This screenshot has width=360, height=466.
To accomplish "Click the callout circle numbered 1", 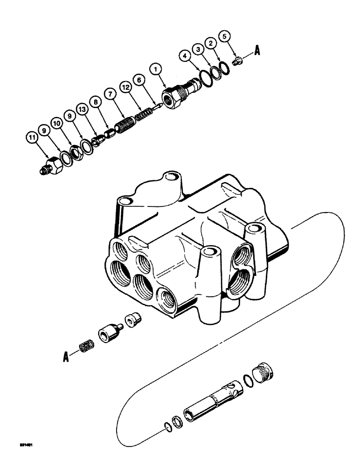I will coord(156,69).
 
